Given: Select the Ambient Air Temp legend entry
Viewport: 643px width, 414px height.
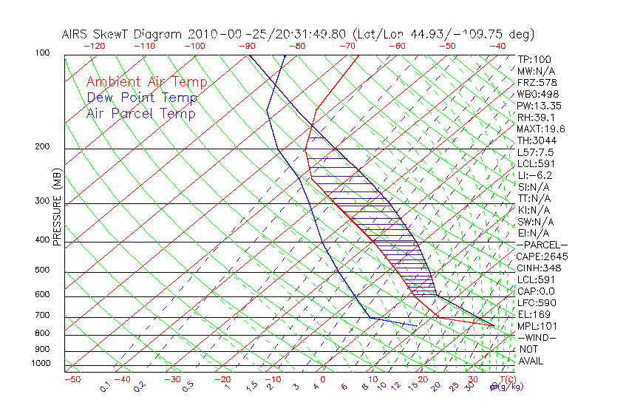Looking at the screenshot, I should (146, 82).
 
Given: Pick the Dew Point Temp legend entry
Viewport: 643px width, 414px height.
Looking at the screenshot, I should (142, 98).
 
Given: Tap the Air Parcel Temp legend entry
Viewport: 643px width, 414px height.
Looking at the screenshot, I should (140, 113).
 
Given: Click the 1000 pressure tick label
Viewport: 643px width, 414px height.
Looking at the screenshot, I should (41, 363).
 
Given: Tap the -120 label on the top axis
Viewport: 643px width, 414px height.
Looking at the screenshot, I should (95, 46).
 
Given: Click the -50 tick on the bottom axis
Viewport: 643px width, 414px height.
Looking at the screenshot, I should (72, 379).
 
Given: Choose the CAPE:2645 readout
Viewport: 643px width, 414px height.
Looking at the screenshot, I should (542, 257).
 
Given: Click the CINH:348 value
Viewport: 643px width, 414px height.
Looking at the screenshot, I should (540, 268).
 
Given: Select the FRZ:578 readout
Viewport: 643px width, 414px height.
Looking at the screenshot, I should (537, 83).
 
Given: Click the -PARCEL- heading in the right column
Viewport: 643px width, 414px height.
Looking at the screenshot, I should (542, 245).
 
